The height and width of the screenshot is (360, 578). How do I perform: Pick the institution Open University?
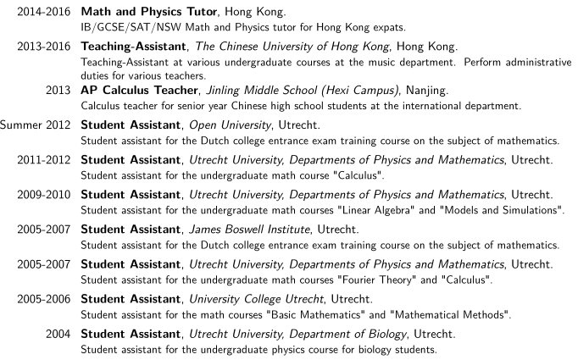(x=235, y=125)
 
